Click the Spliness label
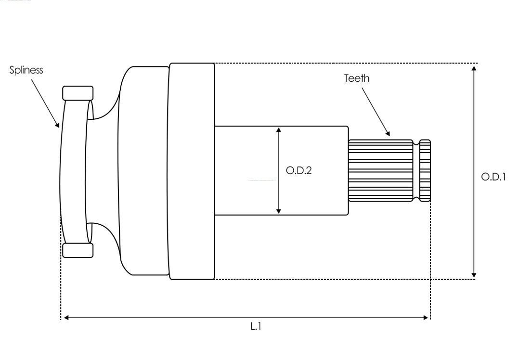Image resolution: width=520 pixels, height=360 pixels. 26,70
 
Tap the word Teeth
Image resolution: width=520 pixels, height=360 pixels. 356,78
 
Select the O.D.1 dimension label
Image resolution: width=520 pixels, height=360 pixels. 493,177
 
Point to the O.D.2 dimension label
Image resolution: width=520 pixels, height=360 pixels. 299,170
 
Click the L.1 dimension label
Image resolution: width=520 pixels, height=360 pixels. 256,326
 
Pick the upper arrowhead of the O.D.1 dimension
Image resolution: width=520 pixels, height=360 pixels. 474,68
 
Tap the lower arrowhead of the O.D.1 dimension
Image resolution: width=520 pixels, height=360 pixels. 474,275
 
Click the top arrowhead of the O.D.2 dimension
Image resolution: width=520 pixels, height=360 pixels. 279,129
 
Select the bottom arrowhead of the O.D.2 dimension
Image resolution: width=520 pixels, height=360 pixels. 279,211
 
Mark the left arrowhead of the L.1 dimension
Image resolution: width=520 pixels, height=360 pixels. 66,318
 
